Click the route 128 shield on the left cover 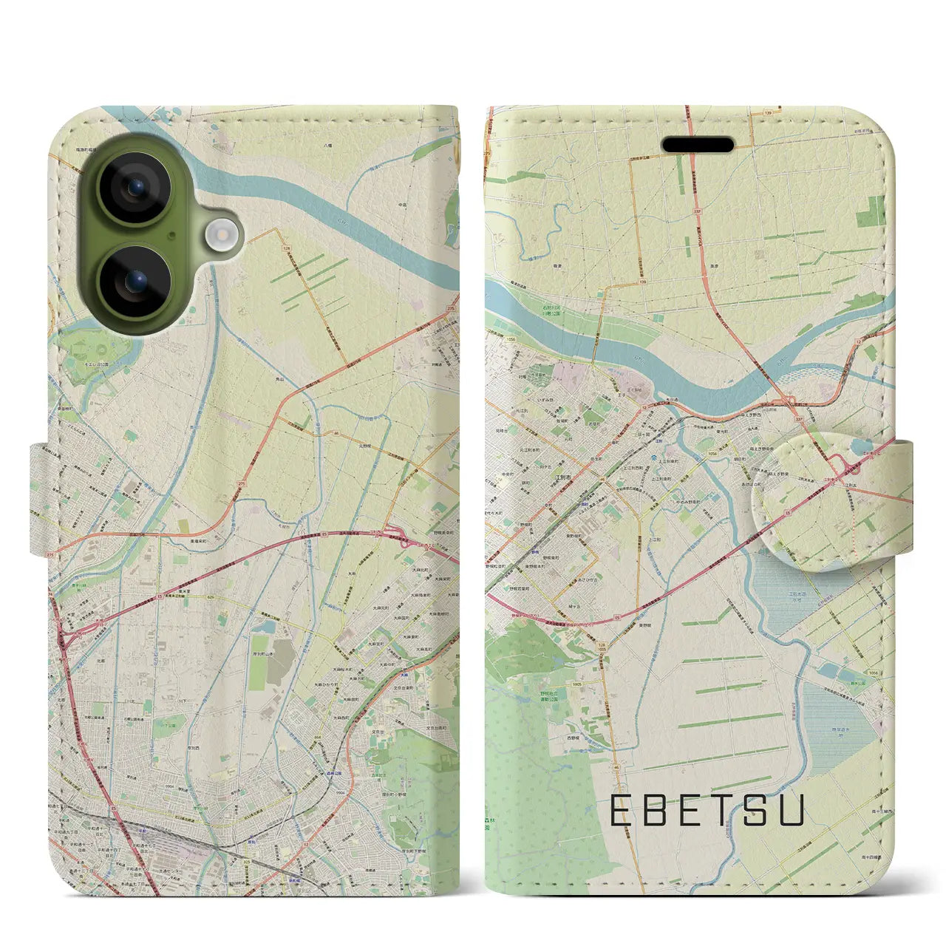tap(287, 249)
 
